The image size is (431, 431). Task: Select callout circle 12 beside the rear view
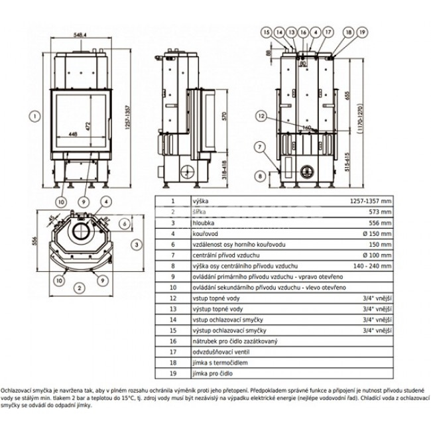coord(263,116)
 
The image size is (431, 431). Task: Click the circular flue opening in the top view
coord(83,232)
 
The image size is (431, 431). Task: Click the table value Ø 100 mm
coord(378,255)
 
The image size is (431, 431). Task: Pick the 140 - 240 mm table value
coord(373,266)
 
